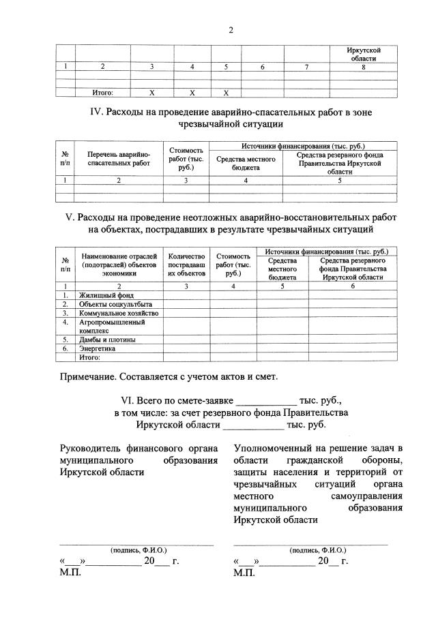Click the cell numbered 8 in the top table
(x=363, y=67)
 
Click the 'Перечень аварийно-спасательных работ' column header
(x=118, y=160)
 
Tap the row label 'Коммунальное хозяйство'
(x=118, y=313)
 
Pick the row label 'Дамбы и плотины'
(x=106, y=339)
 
